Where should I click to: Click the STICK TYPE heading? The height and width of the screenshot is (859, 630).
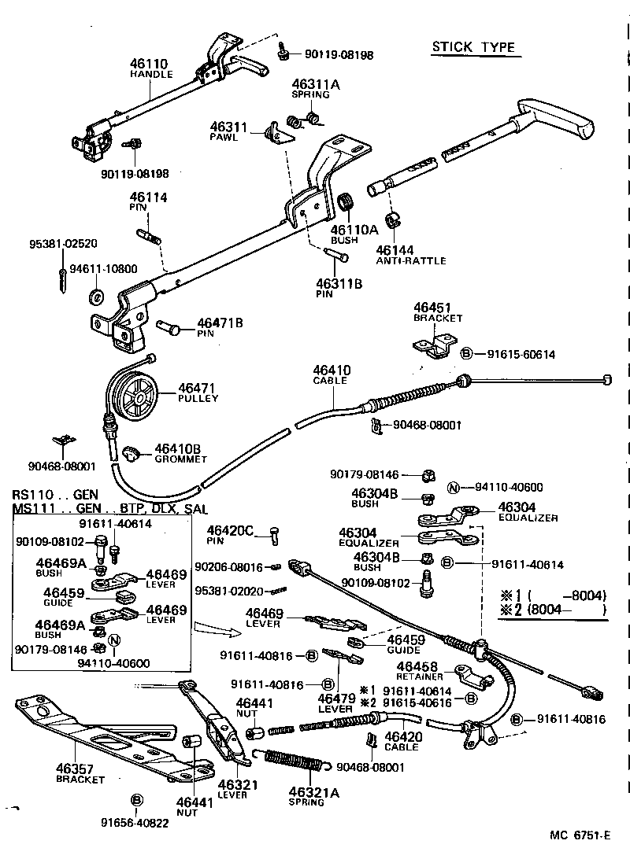click(472, 47)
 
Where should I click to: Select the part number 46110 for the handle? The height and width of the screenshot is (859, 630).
click(150, 63)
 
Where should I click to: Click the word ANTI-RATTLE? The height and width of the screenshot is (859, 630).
click(410, 260)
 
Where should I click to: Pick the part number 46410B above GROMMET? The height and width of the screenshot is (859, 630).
click(177, 448)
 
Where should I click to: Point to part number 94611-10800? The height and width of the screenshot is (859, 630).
click(103, 269)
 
